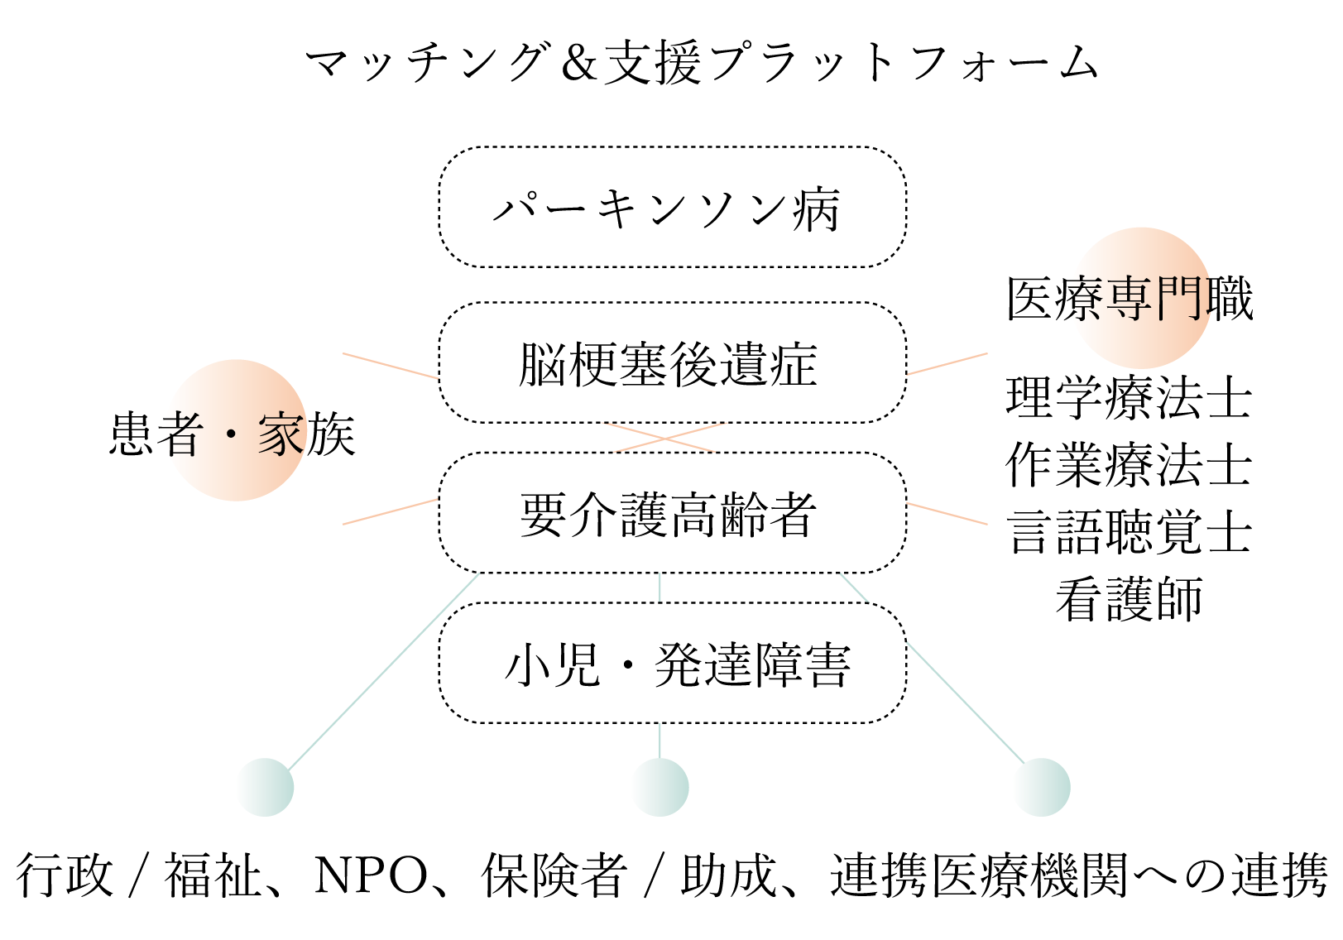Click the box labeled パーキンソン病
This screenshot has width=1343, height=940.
(672, 208)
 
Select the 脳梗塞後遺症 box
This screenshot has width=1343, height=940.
(672, 362)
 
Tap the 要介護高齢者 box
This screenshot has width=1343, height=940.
(672, 513)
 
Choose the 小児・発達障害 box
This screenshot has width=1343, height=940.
(672, 664)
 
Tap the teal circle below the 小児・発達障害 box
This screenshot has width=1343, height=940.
(660, 787)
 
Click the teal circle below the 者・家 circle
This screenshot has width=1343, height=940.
(265, 787)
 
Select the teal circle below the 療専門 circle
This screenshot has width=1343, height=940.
(1041, 787)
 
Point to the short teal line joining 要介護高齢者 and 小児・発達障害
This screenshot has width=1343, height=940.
(660, 587)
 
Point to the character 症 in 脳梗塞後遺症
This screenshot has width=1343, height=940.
(794, 364)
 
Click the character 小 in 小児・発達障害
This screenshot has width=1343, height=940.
(528, 665)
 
